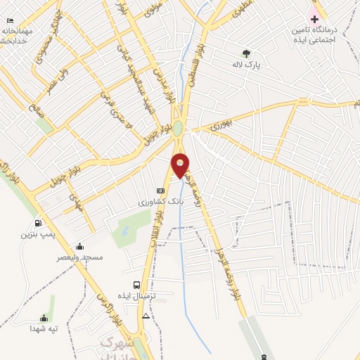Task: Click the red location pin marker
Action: point(181,165)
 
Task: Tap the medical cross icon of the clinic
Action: point(314,18)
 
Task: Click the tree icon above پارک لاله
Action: point(246,53)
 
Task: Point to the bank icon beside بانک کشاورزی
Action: point(160,191)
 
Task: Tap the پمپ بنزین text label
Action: point(36,232)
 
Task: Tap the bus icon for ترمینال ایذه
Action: point(136,285)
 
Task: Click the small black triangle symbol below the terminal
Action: point(146,316)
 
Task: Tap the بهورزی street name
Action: point(220,126)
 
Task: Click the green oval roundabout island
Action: point(178,129)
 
